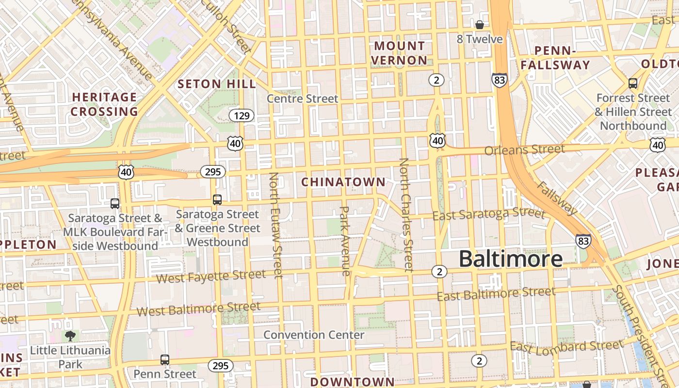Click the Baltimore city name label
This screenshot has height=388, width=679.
click(x=511, y=259)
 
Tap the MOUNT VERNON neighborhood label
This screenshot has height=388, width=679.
click(x=400, y=53)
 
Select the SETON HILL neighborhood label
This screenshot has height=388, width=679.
click(x=217, y=84)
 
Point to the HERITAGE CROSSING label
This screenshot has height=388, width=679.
click(x=105, y=104)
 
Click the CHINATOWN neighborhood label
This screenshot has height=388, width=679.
click(x=343, y=182)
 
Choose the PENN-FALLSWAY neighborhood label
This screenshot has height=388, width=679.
click(x=555, y=58)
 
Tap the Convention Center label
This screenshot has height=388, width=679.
click(x=314, y=335)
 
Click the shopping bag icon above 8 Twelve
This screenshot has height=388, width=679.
click(x=480, y=25)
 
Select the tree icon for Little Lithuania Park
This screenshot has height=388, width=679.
click(x=70, y=336)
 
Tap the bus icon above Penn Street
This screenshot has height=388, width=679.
click(x=165, y=360)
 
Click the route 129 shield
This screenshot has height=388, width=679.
click(x=242, y=115)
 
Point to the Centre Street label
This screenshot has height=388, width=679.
click(x=303, y=99)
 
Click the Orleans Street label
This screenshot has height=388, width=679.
click(x=525, y=149)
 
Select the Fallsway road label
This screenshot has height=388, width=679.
click(x=557, y=198)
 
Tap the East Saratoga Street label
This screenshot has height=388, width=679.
click(x=489, y=213)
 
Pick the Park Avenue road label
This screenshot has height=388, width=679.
click(x=345, y=241)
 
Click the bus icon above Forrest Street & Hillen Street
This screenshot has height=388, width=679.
click(x=633, y=83)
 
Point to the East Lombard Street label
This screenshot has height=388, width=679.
click(x=566, y=346)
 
